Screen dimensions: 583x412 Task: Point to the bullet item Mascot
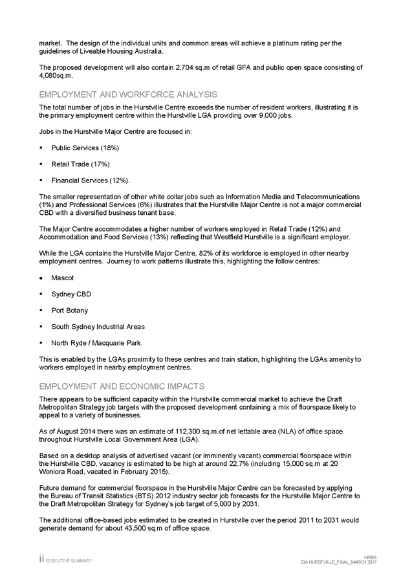click(x=63, y=278)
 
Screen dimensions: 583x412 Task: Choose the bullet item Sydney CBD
click(x=71, y=294)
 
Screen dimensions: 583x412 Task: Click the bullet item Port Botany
click(x=69, y=310)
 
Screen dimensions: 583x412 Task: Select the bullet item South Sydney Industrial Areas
click(x=98, y=327)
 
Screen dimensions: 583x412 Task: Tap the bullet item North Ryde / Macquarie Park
click(x=97, y=343)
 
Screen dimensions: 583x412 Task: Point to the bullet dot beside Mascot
click(x=41, y=278)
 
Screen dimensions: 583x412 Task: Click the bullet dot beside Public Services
click(x=41, y=148)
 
